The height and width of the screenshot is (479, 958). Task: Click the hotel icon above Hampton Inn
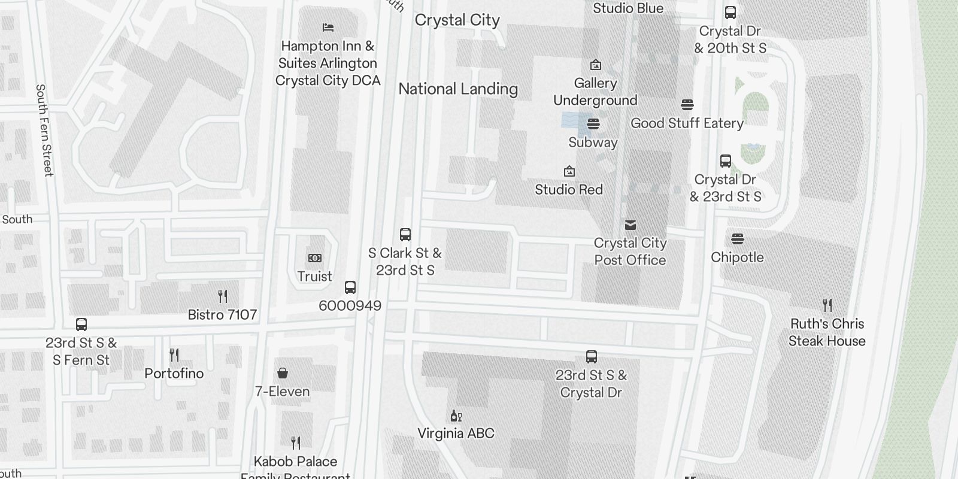tap(328, 28)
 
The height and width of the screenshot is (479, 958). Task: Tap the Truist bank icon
tap(315, 258)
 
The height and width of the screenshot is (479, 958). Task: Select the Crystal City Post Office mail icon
tap(630, 225)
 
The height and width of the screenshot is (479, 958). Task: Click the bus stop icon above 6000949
tap(350, 287)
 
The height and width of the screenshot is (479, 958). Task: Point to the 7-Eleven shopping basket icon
tap(283, 374)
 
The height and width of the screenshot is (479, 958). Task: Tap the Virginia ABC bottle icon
tap(456, 416)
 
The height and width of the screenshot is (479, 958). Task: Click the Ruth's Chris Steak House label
tap(827, 332)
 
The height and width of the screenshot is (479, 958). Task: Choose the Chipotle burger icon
tap(737, 239)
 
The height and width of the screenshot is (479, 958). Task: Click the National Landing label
tap(458, 89)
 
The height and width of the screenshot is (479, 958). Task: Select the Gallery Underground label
tap(595, 92)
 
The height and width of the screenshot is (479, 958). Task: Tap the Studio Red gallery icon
tap(569, 172)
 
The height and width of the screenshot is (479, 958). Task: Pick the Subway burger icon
tap(593, 124)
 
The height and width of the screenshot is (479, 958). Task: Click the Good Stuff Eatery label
tap(687, 123)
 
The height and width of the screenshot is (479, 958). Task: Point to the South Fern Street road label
tap(44, 130)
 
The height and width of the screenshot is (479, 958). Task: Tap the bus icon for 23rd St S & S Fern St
tap(81, 325)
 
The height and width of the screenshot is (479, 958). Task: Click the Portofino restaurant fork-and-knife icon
tap(174, 355)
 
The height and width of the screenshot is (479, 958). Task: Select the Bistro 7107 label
tap(222, 315)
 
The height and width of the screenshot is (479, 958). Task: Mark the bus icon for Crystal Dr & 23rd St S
tap(725, 161)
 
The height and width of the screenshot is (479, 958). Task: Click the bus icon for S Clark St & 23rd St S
tap(405, 235)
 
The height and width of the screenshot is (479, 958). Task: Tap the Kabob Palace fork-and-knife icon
tap(295, 443)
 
